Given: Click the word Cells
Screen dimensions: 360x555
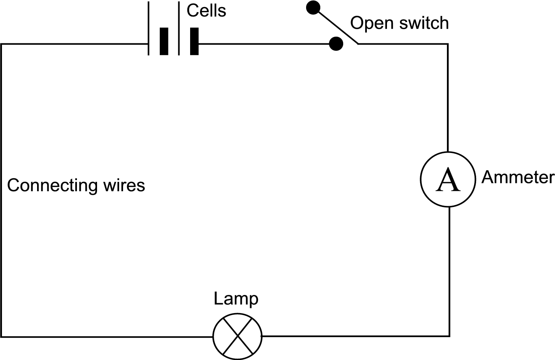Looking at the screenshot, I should pos(206,11).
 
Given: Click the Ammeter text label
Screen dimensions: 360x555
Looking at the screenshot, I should pos(518,177).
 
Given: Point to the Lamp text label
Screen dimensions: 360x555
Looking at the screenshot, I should pos(236,299).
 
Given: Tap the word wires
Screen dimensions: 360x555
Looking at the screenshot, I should pos(124,185).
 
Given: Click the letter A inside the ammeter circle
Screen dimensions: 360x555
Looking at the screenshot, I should pos(448,180).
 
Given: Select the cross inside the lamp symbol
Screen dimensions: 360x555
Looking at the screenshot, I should pos(237,337).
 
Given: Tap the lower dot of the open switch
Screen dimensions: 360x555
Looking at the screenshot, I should pos(336,43).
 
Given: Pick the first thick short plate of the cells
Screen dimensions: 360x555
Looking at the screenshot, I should pos(164,41).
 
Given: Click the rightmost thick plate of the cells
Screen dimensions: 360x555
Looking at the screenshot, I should pos(194,41).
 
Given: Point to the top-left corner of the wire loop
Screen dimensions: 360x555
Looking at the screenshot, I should pos(2,44).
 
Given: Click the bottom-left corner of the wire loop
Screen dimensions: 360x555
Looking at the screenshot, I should pos(2,337).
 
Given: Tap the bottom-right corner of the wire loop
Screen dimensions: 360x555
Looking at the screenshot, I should pos(449,336).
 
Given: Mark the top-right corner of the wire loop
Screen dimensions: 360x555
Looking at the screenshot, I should pos(448,44).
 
